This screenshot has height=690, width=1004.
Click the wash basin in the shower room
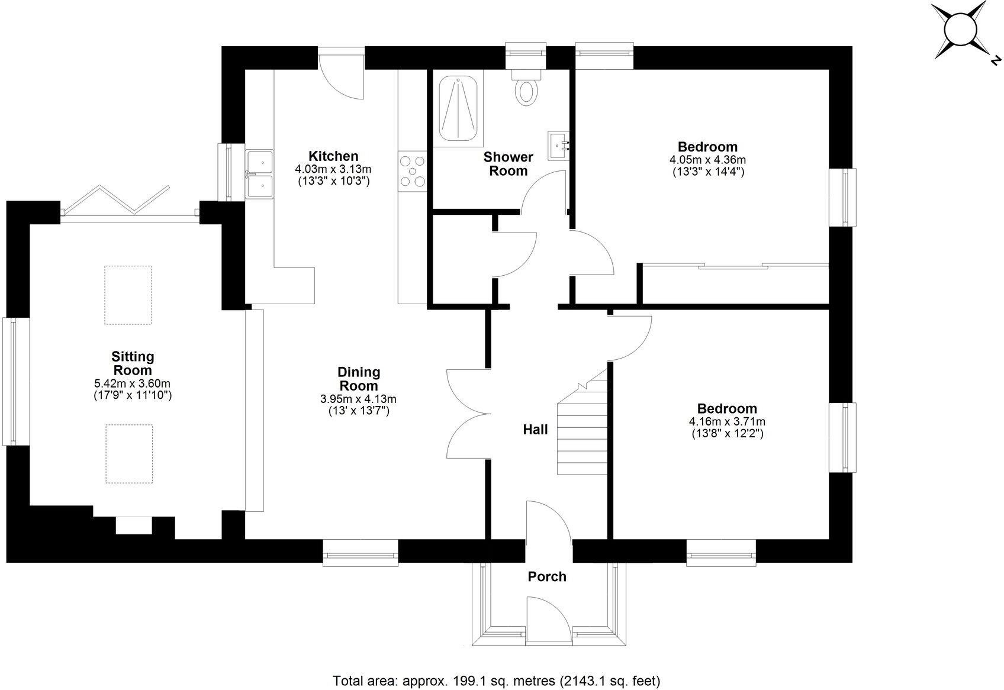pyautogui.click(x=558, y=144)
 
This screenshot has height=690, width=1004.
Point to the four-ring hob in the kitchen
pyautogui.click(x=412, y=170)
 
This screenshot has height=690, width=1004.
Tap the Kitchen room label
pyautogui.click(x=333, y=156)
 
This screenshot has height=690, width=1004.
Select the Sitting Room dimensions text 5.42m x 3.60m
pyautogui.click(x=133, y=383)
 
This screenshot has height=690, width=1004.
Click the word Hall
pyautogui.click(x=535, y=430)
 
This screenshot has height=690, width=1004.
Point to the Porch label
pyautogui.click(x=547, y=576)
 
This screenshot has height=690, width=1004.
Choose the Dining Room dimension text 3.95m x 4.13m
pyautogui.click(x=358, y=399)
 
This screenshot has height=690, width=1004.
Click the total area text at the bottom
pyautogui.click(x=496, y=681)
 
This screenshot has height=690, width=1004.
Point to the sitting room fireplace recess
pyautogui.click(x=134, y=525)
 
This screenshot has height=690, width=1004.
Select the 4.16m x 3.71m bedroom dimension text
pyautogui.click(x=727, y=422)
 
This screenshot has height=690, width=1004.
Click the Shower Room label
pyautogui.click(x=508, y=164)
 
